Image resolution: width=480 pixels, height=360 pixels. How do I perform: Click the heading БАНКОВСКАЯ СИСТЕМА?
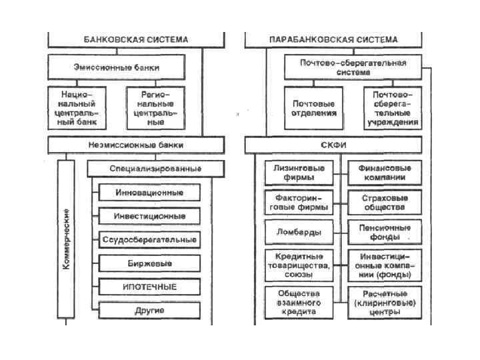click(135, 39)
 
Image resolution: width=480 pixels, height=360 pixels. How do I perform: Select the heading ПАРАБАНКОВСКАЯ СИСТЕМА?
click(333, 39)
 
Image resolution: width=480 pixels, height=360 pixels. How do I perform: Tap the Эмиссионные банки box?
click(116, 67)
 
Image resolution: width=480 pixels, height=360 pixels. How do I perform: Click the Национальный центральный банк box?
click(78, 108)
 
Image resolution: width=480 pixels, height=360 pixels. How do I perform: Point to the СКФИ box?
click(333, 145)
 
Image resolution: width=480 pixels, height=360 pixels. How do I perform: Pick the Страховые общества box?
click(385, 203)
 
